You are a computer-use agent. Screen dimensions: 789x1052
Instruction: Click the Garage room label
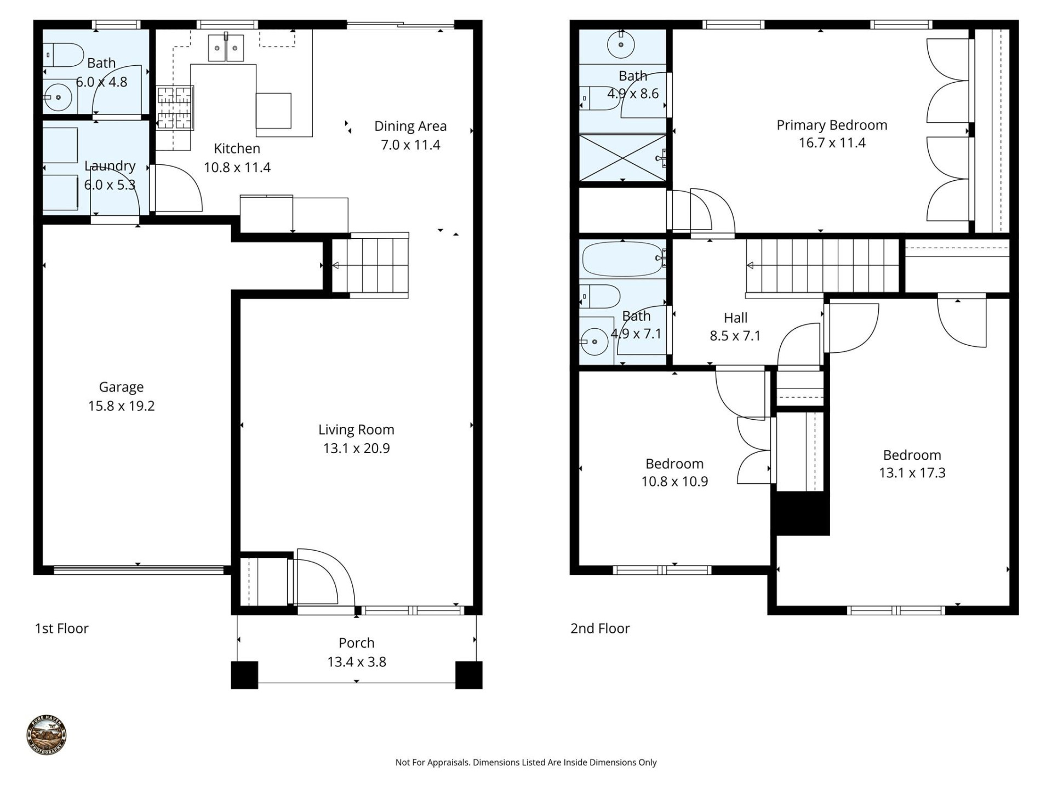tap(121, 387)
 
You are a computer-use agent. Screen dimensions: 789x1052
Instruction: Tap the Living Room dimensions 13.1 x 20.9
tap(356, 448)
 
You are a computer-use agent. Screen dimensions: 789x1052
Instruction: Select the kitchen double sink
tap(226, 48)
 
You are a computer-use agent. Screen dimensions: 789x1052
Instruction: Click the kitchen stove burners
tap(175, 107)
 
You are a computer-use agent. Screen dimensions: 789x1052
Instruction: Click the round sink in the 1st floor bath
tap(58, 98)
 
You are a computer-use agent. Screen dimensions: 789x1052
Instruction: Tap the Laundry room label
tap(110, 165)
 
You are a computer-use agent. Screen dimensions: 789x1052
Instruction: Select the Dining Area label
tap(410, 126)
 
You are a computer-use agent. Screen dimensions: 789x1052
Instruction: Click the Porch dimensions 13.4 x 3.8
tap(356, 662)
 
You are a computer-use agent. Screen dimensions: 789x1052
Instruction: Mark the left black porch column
tap(244, 675)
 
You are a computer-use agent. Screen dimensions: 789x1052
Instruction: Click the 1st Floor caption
tap(61, 628)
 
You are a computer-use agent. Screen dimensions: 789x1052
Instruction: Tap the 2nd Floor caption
tap(600, 628)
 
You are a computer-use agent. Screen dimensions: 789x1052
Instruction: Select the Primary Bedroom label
tap(832, 125)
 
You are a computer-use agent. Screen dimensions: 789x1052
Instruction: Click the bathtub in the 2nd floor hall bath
tap(622, 259)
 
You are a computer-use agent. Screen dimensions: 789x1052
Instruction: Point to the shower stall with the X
tap(622, 157)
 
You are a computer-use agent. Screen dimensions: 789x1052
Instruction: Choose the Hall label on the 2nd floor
tap(735, 318)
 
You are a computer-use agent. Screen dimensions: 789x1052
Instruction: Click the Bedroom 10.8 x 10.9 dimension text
tap(674, 482)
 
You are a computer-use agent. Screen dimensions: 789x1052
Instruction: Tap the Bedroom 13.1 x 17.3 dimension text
tap(912, 473)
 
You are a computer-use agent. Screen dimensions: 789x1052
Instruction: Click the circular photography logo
tap(47, 735)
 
